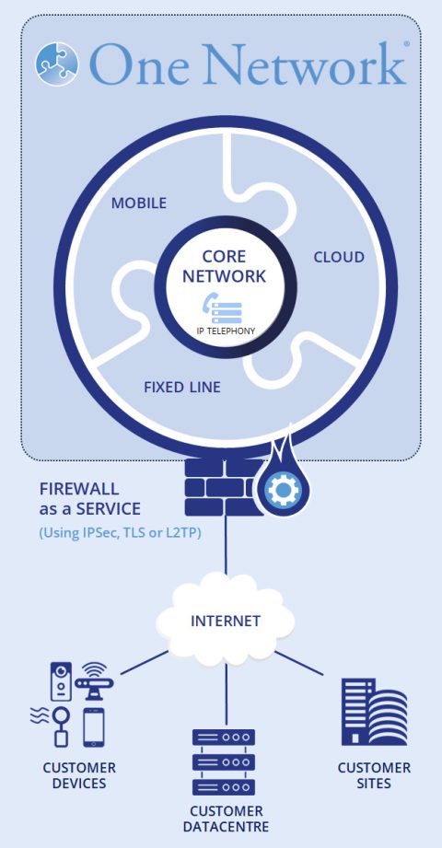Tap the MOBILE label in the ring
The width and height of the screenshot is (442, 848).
[139, 203]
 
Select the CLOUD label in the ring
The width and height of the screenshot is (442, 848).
[339, 257]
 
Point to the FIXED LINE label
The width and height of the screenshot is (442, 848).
[182, 387]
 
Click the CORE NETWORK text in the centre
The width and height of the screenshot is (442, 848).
[224, 266]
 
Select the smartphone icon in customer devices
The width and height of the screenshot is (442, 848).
[93, 726]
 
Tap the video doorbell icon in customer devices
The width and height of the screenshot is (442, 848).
[60, 682]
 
